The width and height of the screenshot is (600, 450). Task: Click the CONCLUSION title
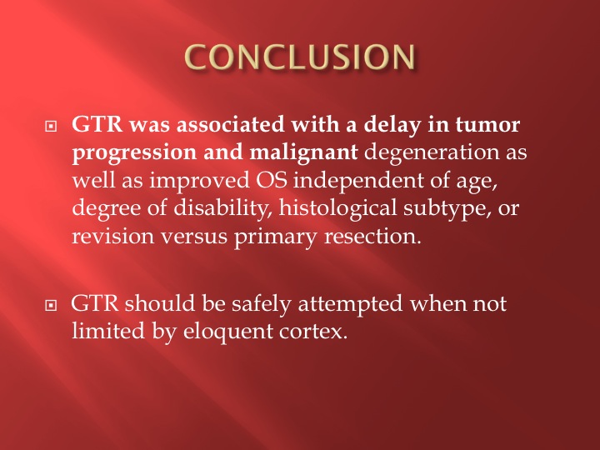[x=300, y=57]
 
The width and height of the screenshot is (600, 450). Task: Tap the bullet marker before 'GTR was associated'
[x=51, y=126]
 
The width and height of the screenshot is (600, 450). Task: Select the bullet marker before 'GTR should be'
[x=51, y=305]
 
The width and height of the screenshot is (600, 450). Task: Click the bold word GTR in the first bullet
[x=97, y=125]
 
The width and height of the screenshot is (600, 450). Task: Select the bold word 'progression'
[x=134, y=153]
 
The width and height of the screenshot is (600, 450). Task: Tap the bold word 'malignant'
[x=303, y=152]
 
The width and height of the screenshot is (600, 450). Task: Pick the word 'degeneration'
[x=432, y=152]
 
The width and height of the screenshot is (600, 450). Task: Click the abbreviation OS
[x=272, y=180]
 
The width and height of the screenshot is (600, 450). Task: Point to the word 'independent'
[x=358, y=181]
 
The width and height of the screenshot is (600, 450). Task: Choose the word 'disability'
[x=222, y=208]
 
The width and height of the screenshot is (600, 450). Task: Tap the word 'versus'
[x=194, y=237]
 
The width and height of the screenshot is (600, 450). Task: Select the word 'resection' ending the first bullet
[x=372, y=237]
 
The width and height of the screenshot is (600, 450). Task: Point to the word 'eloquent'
[x=227, y=332]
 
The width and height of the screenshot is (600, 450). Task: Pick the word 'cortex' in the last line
[x=313, y=332]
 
